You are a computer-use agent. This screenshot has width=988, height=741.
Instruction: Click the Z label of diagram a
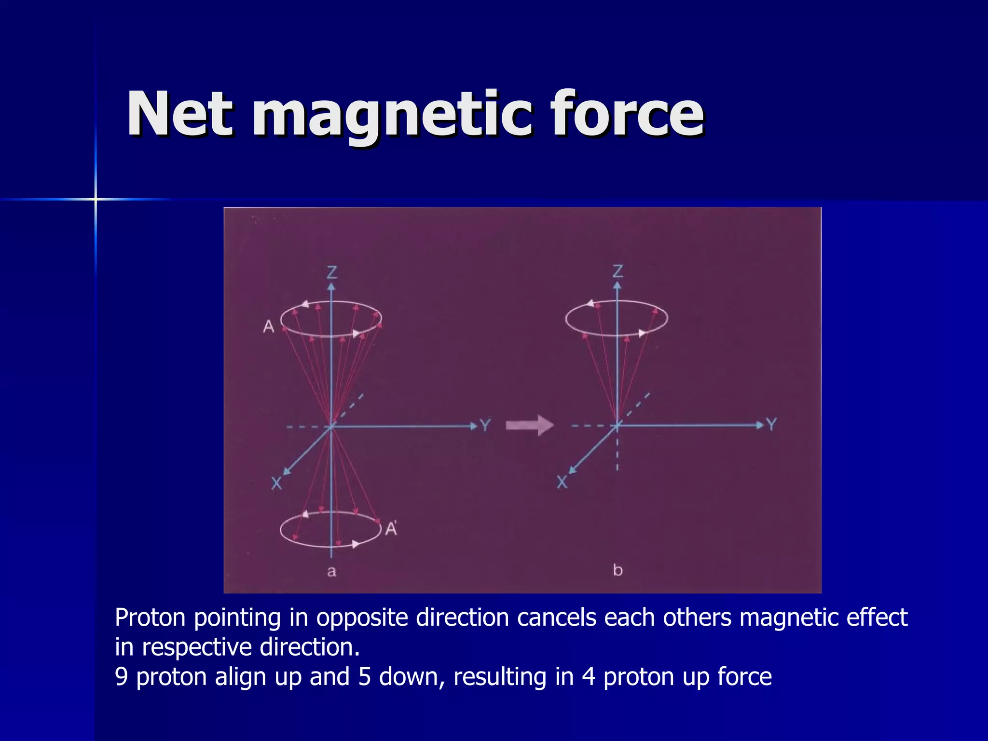332,273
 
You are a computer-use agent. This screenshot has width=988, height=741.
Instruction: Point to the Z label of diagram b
617,272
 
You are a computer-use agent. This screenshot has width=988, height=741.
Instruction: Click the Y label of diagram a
485,425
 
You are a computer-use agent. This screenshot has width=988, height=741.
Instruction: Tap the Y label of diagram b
771,425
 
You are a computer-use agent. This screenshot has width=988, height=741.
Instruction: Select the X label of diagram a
276,483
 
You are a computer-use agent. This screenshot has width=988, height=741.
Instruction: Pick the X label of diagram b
562,482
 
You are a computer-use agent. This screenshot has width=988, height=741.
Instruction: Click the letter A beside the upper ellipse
269,327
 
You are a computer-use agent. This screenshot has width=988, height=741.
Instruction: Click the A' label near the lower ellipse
391,529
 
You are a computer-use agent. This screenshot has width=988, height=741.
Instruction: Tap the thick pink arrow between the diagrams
529,425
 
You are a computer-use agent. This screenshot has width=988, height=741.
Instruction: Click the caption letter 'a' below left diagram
331,572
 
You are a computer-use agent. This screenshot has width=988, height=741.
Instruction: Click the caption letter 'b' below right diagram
617,570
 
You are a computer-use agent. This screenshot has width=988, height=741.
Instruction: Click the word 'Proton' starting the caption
150,618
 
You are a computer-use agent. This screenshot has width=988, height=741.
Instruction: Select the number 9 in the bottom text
122,677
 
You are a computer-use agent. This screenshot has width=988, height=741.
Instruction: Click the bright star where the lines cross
96,199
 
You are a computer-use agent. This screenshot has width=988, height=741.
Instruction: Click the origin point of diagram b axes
617,425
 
